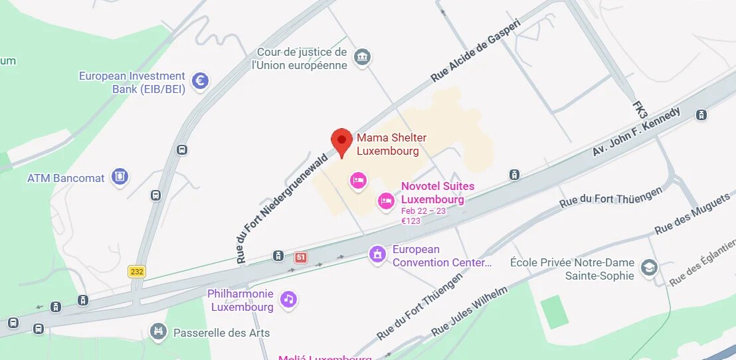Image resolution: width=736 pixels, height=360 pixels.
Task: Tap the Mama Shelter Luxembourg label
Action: tap(391, 144)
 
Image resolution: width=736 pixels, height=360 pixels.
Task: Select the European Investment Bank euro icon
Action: tap(200, 81)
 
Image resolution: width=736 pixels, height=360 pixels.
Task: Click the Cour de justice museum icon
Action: tap(361, 57)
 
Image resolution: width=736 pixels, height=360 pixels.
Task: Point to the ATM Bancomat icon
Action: tap(120, 177)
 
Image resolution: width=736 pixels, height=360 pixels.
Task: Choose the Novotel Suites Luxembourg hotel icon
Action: tap(385, 200)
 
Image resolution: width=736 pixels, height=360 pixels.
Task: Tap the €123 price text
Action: tap(411, 221)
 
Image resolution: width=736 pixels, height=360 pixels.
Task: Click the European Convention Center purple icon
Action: tap(377, 254)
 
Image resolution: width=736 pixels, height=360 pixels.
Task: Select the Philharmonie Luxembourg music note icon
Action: tap(288, 300)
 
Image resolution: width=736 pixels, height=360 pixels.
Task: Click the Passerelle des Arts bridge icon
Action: tap(158, 331)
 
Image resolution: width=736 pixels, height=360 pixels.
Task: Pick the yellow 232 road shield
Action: tap(136, 271)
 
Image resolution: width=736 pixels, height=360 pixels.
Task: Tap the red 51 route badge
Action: tap(301, 257)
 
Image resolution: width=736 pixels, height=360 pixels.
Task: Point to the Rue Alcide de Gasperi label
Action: tap(475, 50)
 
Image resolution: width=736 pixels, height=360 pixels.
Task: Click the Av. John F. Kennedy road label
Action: tap(636, 132)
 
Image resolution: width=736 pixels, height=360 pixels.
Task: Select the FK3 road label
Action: tap(640, 110)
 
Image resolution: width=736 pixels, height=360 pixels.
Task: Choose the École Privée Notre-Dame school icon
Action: tap(648, 268)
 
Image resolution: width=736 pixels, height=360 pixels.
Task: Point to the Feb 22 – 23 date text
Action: tap(424, 211)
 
